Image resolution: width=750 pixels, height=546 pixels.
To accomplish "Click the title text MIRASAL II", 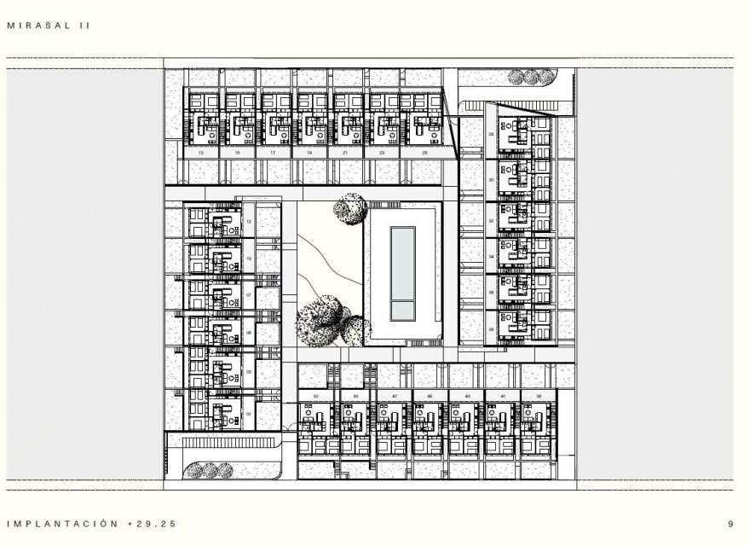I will pyautogui.click(x=48, y=26).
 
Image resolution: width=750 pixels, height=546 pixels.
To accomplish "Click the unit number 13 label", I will pyautogui.click(x=200, y=152).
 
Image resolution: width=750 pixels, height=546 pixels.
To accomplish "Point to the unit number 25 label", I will pyautogui.click(x=425, y=152).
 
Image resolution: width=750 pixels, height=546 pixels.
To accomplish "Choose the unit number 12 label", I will pyautogui.click(x=249, y=221).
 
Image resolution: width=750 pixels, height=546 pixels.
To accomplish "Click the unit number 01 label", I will pyautogui.click(x=249, y=415).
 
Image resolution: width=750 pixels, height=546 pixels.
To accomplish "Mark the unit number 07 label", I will pyautogui.click(x=249, y=295).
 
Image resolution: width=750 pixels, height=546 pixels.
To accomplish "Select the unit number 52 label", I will pyautogui.click(x=315, y=397).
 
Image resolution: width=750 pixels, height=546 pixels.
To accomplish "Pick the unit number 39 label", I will pyautogui.click(x=539, y=397).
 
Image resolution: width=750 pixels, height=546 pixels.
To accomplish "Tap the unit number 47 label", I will pyautogui.click(x=395, y=397).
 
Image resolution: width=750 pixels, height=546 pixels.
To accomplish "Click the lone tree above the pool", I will pyautogui.click(x=350, y=207).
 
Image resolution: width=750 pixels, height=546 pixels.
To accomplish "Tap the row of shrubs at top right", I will pyautogui.click(x=528, y=78).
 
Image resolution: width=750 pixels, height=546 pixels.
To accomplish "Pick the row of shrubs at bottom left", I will pyautogui.click(x=210, y=470).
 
